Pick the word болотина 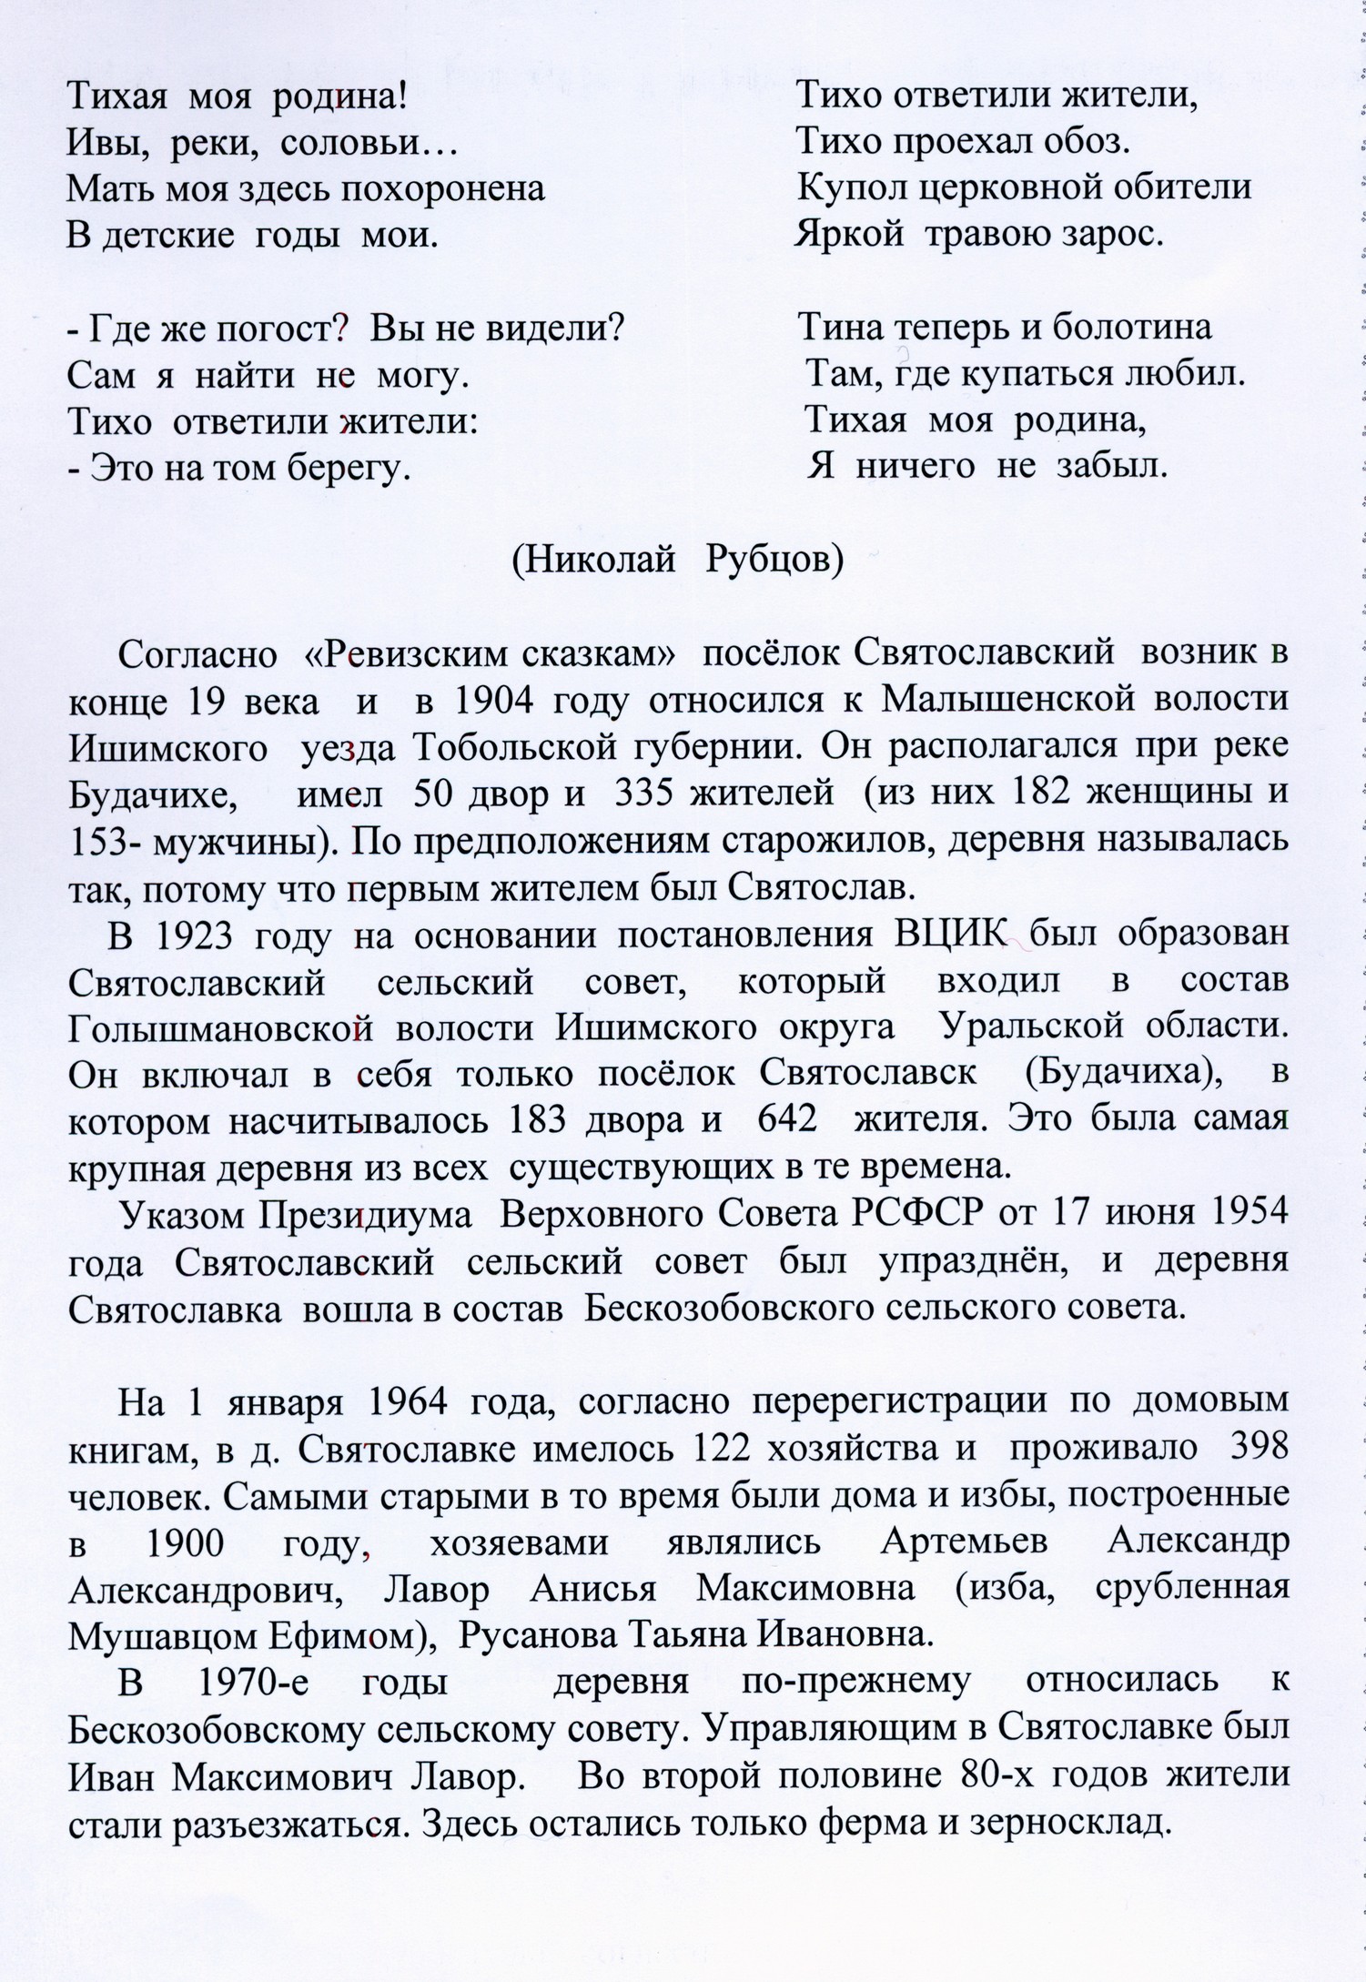coord(1131,327)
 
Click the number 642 coord(787,1119)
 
